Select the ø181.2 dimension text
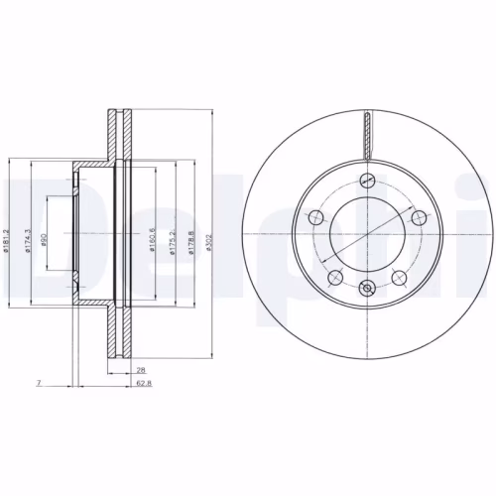(8, 236)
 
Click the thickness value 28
(141, 368)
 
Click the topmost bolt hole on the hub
(367, 180)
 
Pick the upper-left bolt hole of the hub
(317, 217)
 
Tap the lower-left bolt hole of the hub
(336, 276)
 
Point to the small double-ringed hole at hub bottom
(367, 290)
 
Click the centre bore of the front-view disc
(367, 234)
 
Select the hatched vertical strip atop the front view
(367, 137)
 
